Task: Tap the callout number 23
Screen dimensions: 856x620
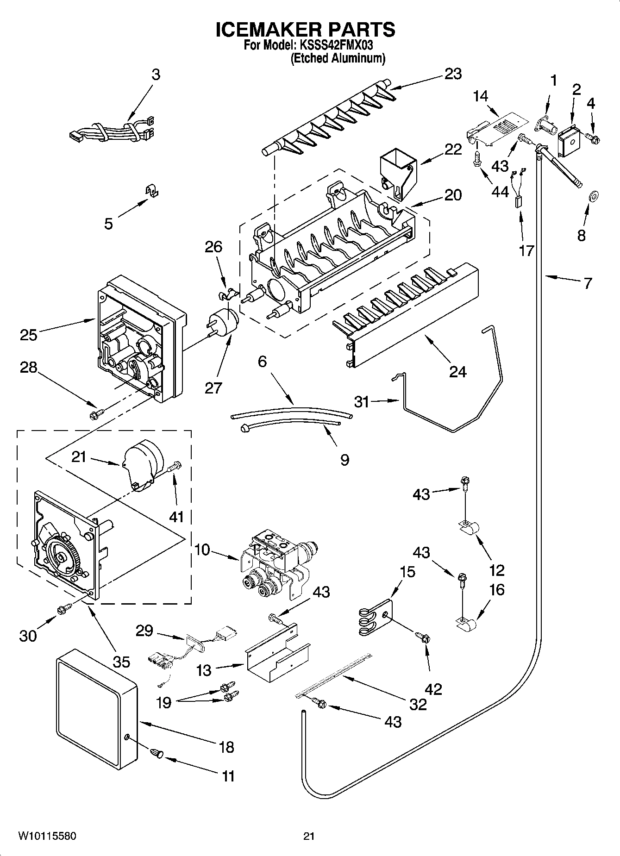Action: click(452, 74)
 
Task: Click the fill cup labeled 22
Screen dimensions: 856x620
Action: click(397, 174)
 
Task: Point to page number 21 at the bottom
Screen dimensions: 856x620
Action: click(309, 836)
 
